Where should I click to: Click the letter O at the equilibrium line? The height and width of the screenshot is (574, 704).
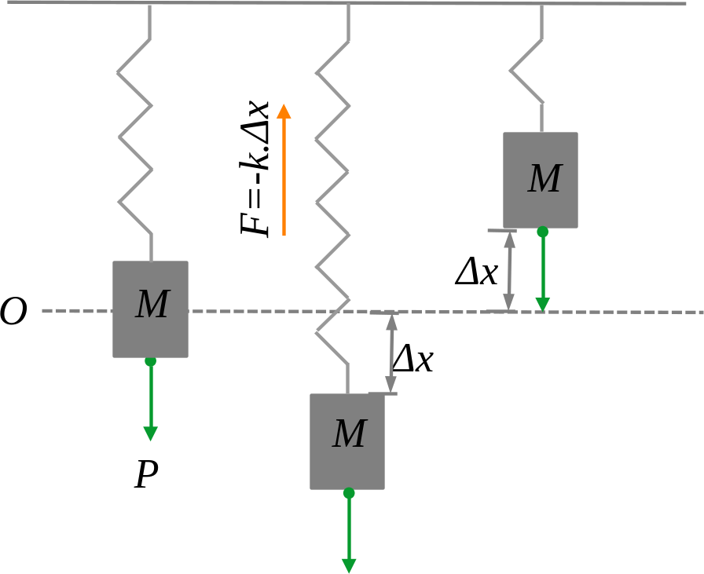point(13,311)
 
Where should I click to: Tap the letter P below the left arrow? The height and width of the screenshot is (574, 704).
point(146,475)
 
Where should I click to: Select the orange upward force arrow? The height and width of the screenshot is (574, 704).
point(284,170)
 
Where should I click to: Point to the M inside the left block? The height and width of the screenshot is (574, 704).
point(152,304)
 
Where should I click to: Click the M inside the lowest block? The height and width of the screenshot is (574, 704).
point(350,433)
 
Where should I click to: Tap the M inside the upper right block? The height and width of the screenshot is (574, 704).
point(544,178)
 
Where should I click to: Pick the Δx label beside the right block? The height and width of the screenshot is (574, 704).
point(477,272)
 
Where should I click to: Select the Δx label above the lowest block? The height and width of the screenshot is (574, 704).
point(413,359)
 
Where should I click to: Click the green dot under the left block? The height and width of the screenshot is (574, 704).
point(150,361)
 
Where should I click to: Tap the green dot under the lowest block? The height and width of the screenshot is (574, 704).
point(349,493)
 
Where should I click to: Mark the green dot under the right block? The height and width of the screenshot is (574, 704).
point(543,232)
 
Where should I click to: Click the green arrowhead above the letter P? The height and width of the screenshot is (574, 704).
point(150,434)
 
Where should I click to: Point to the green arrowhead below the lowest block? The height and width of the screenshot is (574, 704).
point(349,566)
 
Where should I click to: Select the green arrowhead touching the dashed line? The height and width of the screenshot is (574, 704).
point(543,305)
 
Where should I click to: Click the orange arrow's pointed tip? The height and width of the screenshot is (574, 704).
point(284,104)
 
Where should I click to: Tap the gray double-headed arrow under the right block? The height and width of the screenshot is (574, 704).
point(509,271)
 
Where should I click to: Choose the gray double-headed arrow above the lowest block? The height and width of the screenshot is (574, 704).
point(391,353)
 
